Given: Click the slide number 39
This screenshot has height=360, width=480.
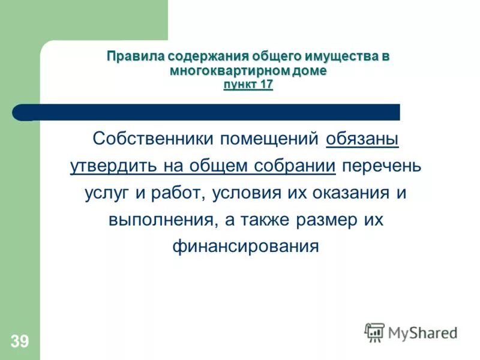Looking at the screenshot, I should [x=19, y=342].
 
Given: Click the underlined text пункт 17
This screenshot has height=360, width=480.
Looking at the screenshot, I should [x=248, y=84].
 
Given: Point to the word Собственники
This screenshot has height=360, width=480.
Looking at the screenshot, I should [x=154, y=139].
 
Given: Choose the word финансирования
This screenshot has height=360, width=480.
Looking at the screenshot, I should [x=245, y=247].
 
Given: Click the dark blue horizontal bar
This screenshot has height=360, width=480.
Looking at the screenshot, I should [x=210, y=112].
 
